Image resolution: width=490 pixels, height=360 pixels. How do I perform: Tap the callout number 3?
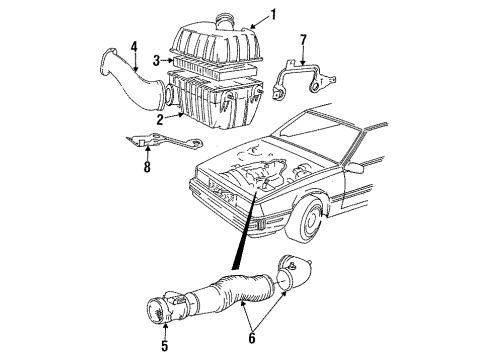tap(156, 62)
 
